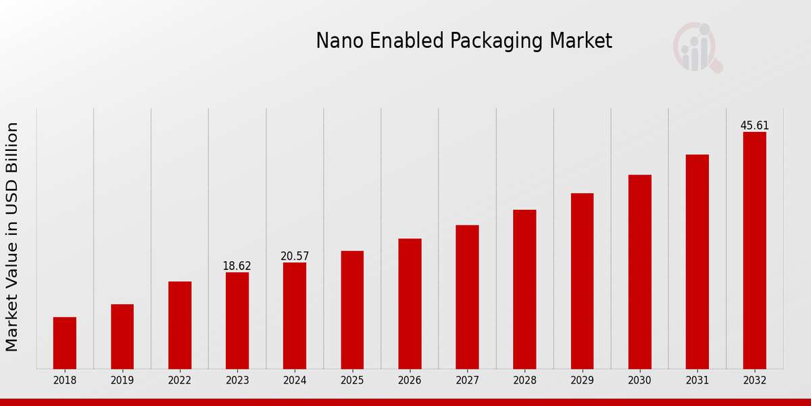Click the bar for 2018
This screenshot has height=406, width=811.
pos(65,343)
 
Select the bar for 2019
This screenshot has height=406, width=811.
pos(122,336)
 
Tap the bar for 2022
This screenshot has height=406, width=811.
pos(180,325)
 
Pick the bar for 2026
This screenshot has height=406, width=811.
pos(410,304)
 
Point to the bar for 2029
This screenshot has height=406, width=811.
pos(582,281)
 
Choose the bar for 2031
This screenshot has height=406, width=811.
pos(697,262)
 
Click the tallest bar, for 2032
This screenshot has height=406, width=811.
pos(754,250)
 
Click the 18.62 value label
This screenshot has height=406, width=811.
pos(237,266)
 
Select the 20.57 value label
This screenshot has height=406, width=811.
pos(295,256)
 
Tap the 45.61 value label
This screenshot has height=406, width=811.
pos(754,126)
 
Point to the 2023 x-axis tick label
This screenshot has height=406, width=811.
pos(237,381)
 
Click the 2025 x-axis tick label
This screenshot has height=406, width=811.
pos(352,381)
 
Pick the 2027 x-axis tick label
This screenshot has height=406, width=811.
pos(467,381)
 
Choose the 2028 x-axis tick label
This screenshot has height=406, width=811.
pos(524,381)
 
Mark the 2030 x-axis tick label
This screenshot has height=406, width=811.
pos(639,381)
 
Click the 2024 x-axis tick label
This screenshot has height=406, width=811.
pos(295,381)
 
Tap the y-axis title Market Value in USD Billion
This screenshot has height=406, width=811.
pos(12,237)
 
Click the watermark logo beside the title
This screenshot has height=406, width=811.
pos(697,47)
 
